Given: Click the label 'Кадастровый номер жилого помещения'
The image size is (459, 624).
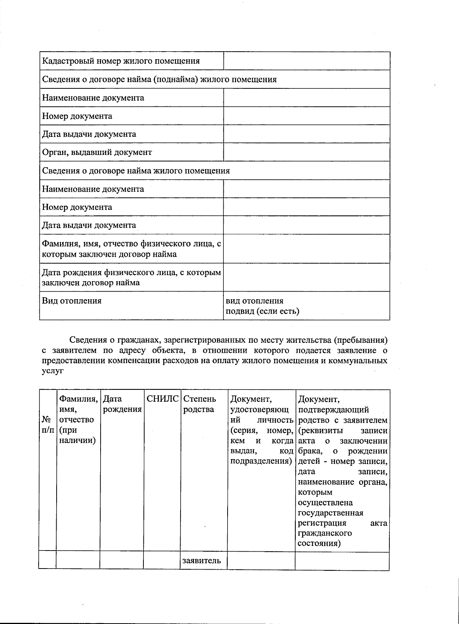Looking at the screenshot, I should [121, 61].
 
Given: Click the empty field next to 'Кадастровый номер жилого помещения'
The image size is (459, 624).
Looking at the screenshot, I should [306, 61].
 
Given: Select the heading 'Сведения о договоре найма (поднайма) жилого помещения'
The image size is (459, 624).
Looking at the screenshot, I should [159, 80].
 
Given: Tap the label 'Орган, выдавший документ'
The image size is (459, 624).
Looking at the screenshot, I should [97, 152].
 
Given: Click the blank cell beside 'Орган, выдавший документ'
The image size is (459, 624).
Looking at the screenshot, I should [306, 152].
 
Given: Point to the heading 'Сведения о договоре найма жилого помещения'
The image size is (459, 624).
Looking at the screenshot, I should [136, 171].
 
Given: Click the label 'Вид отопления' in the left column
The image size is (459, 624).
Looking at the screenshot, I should [72, 301].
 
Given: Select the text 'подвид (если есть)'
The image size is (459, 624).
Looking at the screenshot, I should [262, 311].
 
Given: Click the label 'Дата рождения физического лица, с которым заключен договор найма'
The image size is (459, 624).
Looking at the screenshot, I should [131, 278].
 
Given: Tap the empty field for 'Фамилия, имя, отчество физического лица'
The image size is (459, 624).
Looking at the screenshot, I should [306, 249].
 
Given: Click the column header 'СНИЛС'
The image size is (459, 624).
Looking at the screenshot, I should [163, 399].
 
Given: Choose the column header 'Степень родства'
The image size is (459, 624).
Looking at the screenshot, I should [199, 404].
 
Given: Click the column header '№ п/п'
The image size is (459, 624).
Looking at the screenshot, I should [47, 425].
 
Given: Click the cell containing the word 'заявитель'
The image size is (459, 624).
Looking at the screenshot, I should [202, 561].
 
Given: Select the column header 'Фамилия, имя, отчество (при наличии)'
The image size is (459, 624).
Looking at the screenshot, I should [77, 420].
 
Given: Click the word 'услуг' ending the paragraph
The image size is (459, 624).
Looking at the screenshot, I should [52, 371].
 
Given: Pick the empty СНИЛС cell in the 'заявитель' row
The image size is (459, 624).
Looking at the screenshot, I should [162, 561].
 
